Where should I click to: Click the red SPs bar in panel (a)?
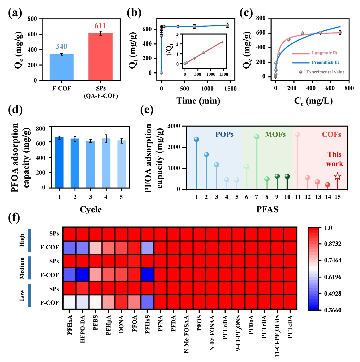pos(100,56)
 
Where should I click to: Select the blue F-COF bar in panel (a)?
pos(62,67)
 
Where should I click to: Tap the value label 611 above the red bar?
pos(100,26)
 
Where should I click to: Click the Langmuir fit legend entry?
pos(324,53)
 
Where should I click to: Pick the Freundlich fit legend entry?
pos(325,62)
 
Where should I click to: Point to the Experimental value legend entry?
pos(325,72)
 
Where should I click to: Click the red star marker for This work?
pos(337,176)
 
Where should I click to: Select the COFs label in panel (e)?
pos(331,134)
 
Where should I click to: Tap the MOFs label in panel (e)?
pos(275,134)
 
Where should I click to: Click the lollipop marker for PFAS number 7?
pos(257,137)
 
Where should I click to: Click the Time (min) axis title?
pos(198,101)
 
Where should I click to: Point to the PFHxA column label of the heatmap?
pos(70,325)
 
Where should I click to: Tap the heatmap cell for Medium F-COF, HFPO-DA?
pos(82,275)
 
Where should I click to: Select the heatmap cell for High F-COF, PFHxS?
pos(147,247)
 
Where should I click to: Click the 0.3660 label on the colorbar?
pos(333,310)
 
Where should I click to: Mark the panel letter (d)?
pos(15,110)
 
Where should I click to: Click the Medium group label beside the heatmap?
pos(22,268)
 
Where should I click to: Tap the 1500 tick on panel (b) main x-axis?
pos(230,89)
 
